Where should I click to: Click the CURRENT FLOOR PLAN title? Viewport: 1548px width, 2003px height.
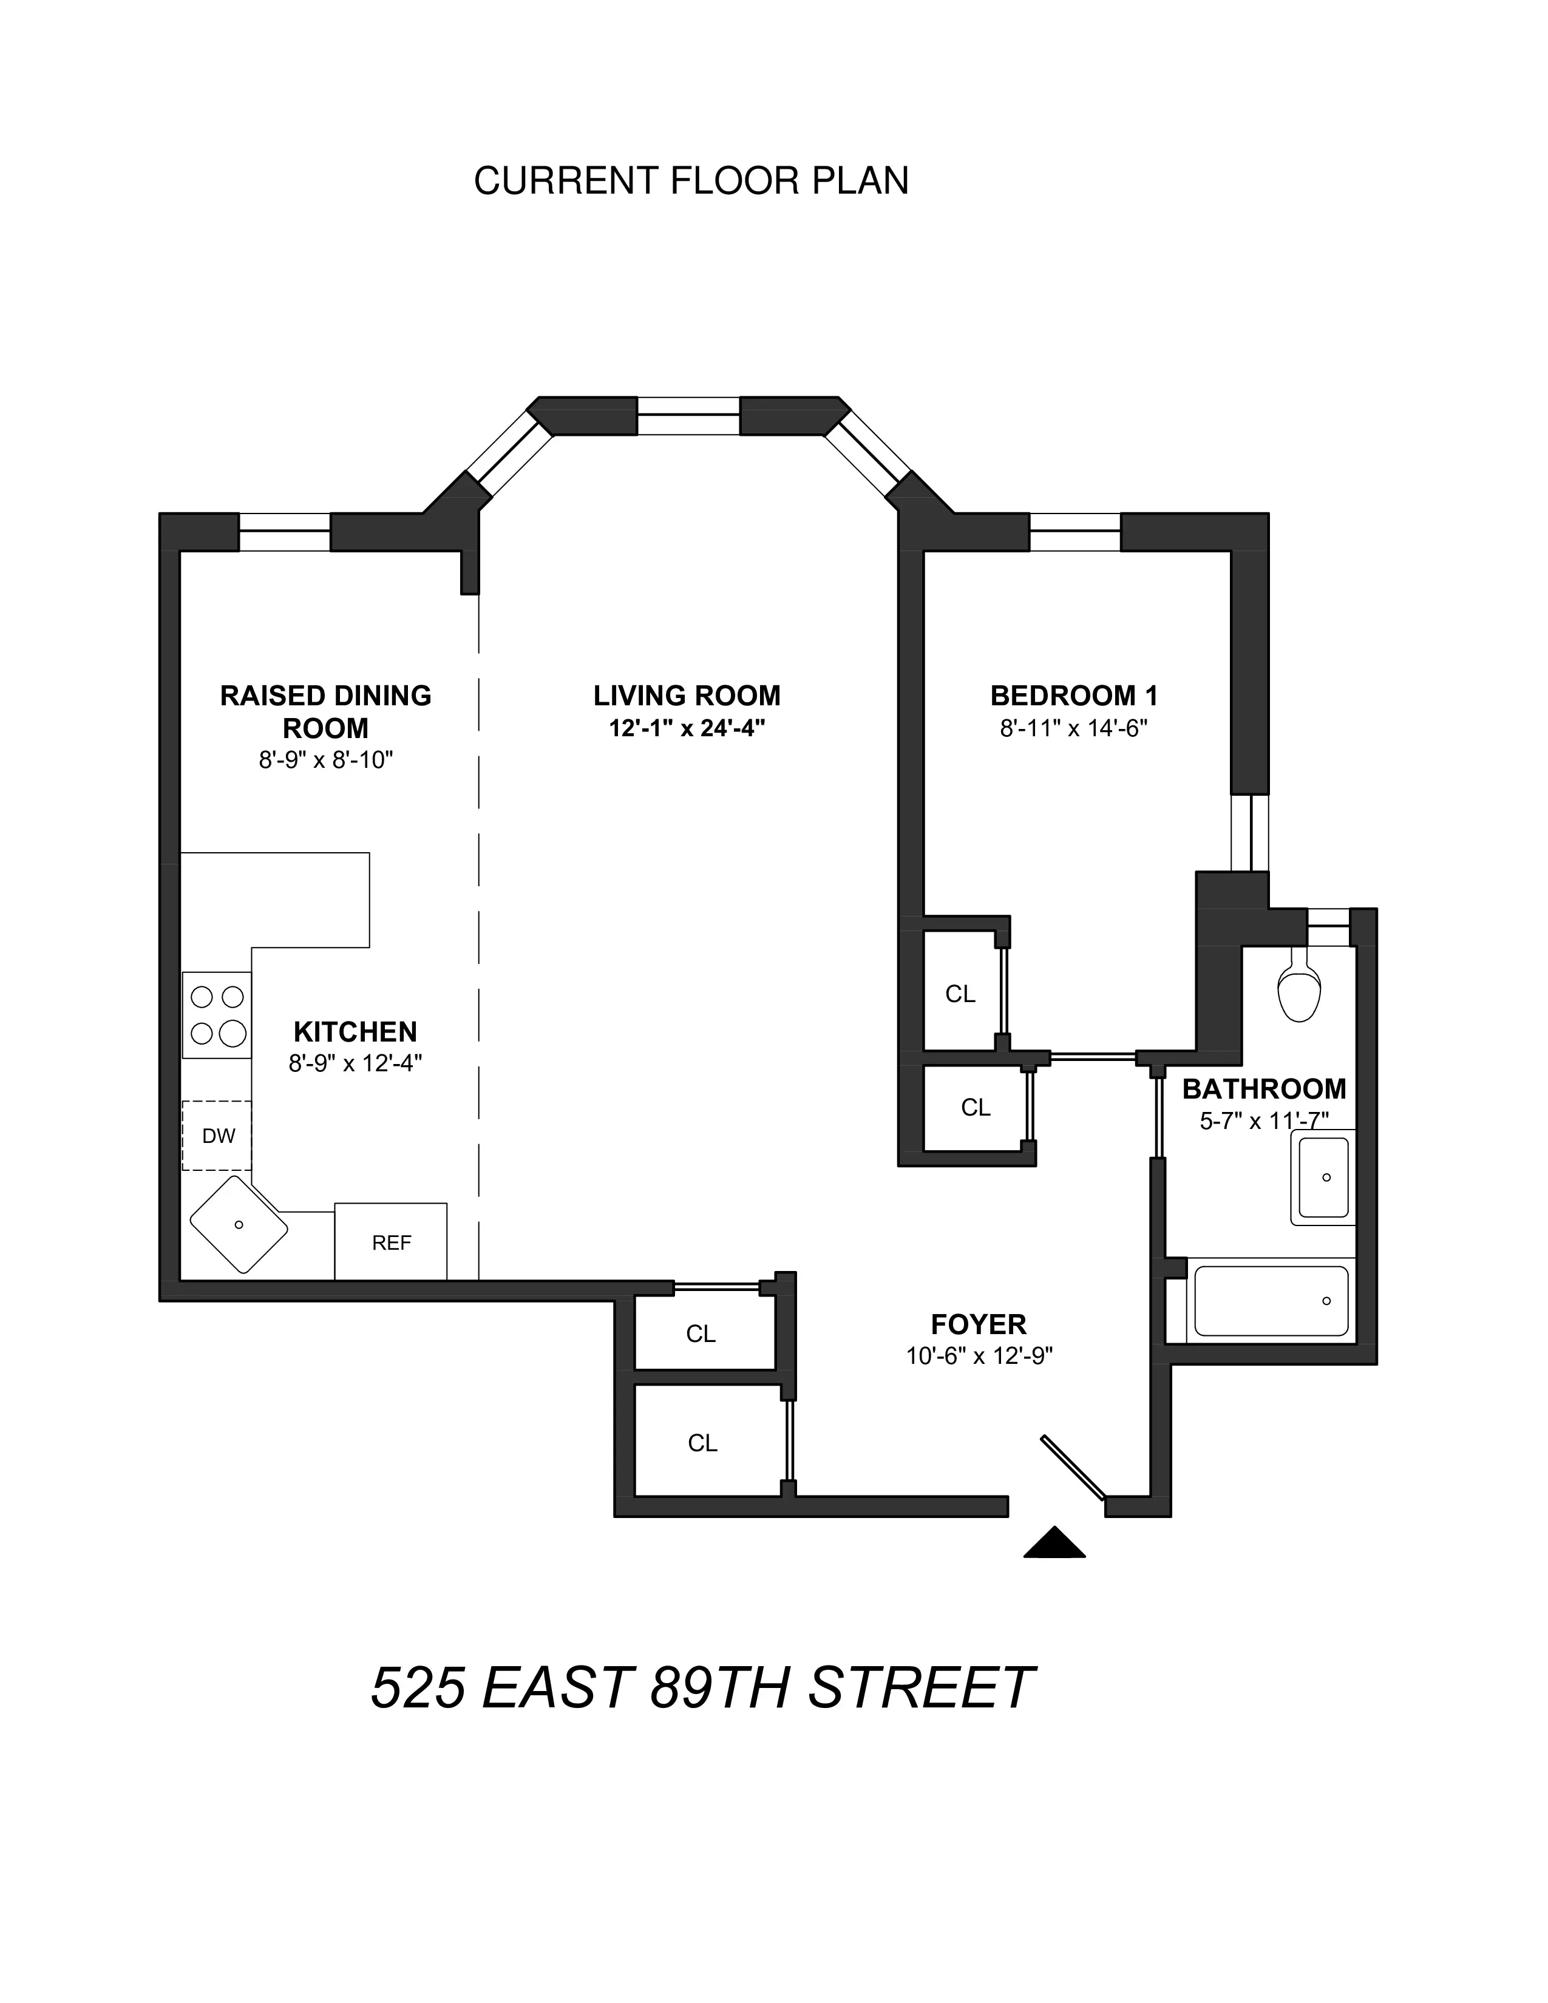point(691,181)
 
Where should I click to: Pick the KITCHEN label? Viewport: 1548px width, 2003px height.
point(355,1032)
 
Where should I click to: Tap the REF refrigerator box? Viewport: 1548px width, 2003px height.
point(391,1242)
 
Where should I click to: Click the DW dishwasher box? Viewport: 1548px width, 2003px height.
point(217,1136)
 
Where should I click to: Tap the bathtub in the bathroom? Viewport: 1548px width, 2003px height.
point(1270,1301)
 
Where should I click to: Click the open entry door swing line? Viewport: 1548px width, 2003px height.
point(1073,1468)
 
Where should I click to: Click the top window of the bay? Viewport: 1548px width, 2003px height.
point(688,415)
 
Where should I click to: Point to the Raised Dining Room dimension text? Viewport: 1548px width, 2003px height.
point(325,761)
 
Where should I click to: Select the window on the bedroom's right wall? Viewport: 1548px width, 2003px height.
point(1249,832)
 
